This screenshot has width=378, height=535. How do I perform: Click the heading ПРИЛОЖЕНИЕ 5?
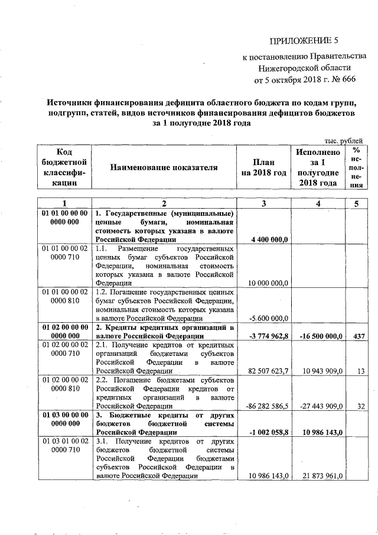[x=305, y=41]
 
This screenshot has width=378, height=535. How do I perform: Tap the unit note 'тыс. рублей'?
[x=343, y=140]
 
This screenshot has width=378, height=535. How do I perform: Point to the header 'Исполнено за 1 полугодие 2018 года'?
[x=317, y=168]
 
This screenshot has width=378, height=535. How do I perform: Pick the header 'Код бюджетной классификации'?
[x=64, y=167]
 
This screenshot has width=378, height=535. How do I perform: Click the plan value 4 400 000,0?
[x=269, y=240]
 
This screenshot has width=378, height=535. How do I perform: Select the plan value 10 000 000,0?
[x=268, y=283]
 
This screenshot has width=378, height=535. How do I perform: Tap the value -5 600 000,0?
[x=266, y=317]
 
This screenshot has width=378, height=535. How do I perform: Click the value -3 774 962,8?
[x=266, y=336]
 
